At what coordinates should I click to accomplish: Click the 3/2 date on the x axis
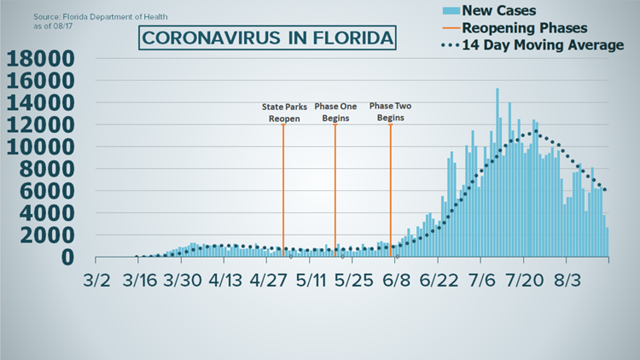click(96, 282)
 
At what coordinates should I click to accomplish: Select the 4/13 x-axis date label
click(228, 282)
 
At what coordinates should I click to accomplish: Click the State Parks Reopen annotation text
click(282, 113)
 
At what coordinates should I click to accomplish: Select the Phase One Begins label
click(335, 113)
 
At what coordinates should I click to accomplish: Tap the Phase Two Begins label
click(391, 113)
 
